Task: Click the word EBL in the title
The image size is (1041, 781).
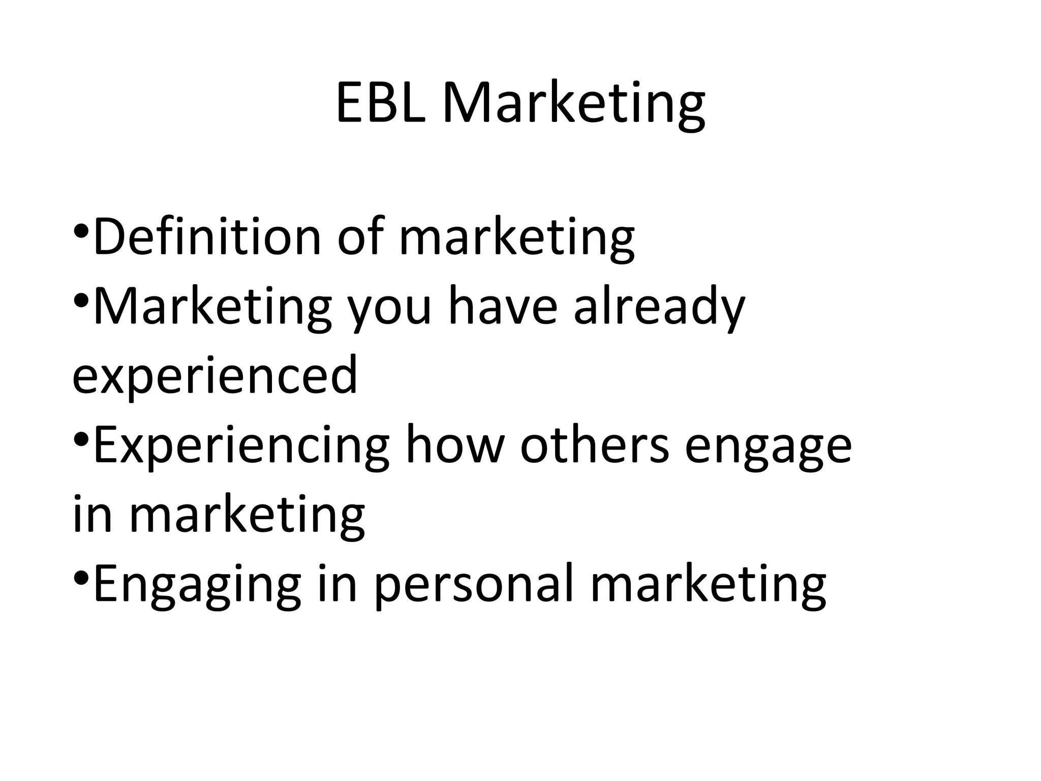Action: click(x=380, y=103)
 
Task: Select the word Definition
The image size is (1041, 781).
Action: click(x=207, y=236)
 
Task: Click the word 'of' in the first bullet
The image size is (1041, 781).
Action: click(x=360, y=236)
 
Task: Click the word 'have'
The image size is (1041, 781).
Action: click(x=503, y=306)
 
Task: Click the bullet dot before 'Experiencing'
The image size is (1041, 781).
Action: click(x=81, y=438)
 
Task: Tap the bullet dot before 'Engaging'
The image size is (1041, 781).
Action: click(x=81, y=578)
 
